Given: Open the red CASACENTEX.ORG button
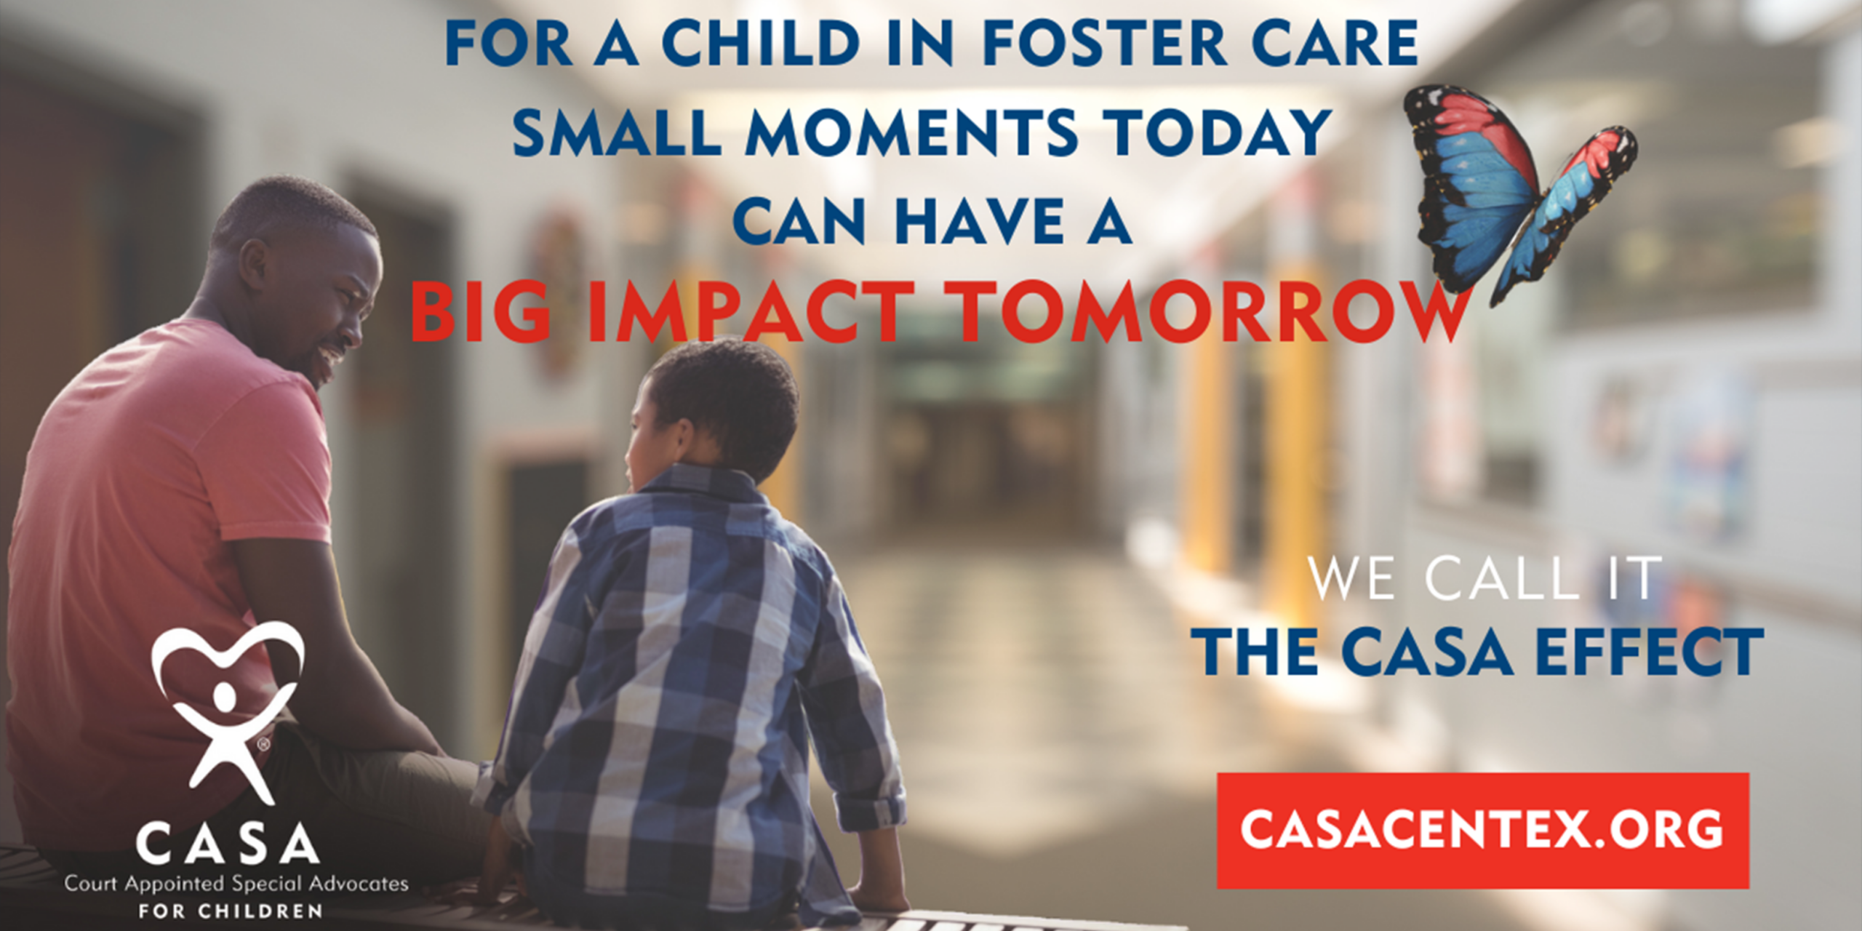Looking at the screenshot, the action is pyautogui.click(x=1482, y=830).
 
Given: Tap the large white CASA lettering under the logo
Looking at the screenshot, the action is pyautogui.click(x=228, y=843).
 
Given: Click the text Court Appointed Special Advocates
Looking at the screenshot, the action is pyautogui.click(x=236, y=884).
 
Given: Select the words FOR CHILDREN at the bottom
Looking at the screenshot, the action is pyautogui.click(x=231, y=911).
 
